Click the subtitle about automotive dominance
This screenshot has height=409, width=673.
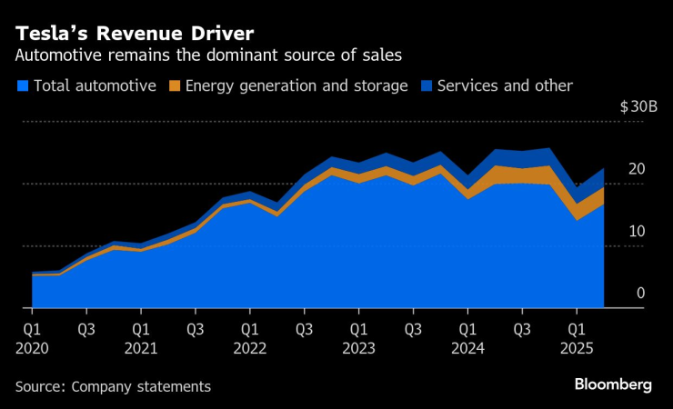[x=208, y=55]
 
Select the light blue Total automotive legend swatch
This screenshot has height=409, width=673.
[x=22, y=86]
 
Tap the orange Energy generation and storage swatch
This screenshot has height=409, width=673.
[x=176, y=86]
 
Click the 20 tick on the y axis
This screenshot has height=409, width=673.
[x=637, y=169]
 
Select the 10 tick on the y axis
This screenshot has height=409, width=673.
[x=637, y=231]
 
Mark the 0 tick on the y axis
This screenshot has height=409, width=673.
[x=640, y=293]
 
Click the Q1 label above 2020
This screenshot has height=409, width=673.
[x=32, y=327]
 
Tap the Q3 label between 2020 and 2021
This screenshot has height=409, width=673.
[x=85, y=327]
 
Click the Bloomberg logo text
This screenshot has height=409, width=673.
[x=613, y=385]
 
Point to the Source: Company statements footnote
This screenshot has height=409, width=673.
[x=113, y=386]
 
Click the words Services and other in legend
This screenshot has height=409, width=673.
[x=505, y=86]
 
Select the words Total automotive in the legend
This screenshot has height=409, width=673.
[x=95, y=86]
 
